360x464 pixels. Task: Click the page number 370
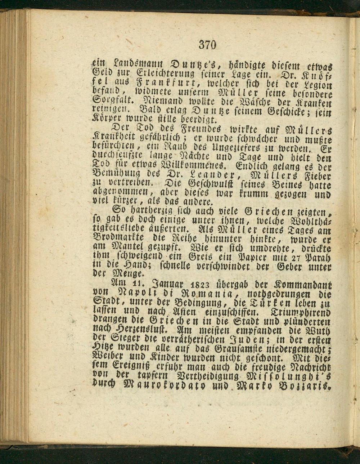pos(207,45)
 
